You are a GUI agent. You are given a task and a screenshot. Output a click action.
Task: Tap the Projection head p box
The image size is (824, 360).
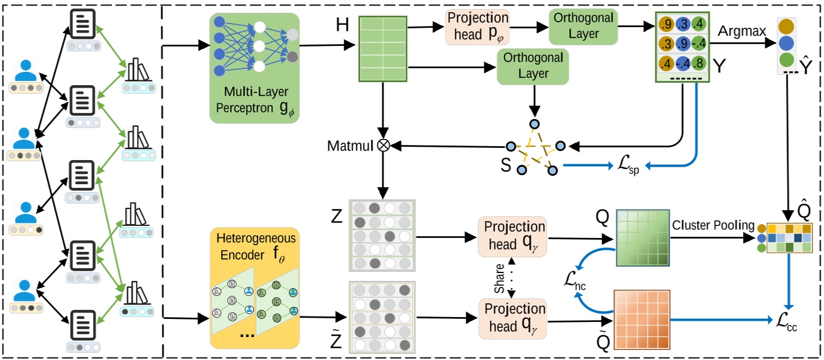click(x=477, y=27)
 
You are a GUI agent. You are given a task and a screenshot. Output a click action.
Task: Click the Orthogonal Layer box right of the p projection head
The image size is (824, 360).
click(x=583, y=27)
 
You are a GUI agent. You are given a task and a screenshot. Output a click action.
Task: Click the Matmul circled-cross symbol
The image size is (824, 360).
click(x=382, y=146)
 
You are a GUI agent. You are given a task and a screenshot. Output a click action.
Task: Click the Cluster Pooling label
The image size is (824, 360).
click(x=713, y=226)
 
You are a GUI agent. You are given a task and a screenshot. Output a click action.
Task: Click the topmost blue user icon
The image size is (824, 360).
click(x=26, y=71)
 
